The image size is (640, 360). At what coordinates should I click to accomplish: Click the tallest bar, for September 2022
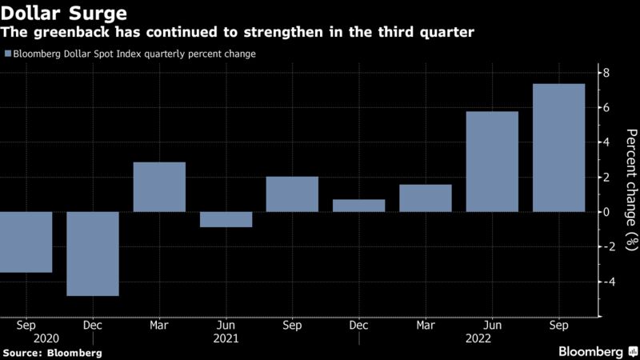pos(558,148)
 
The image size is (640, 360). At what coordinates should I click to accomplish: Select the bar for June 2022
pos(492,162)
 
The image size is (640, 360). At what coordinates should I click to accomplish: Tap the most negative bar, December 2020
pos(93,254)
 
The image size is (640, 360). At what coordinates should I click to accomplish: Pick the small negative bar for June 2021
pos(226,219)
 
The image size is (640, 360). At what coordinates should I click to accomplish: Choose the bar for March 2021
pos(159,187)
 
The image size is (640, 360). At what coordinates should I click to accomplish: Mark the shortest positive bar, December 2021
pos(358,206)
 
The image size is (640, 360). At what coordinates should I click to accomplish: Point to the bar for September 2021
pos(292,194)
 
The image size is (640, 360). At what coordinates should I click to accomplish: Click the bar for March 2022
pos(426,198)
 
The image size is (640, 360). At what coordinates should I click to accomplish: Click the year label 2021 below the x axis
pos(226,338)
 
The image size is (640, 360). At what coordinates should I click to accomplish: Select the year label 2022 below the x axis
pos(491,338)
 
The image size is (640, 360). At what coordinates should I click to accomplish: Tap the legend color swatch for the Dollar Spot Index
pos(7,54)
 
